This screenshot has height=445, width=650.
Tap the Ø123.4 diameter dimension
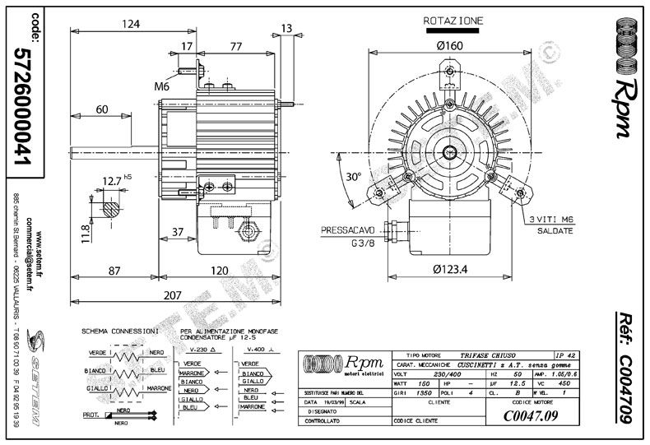click(x=449, y=269)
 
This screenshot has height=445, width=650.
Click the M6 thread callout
click(x=161, y=86)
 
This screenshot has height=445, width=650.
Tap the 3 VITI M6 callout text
click(x=550, y=218)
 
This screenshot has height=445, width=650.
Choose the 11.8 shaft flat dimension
click(x=84, y=227)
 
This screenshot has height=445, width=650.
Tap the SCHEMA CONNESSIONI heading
click(x=119, y=331)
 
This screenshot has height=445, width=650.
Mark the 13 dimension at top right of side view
click(x=286, y=28)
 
